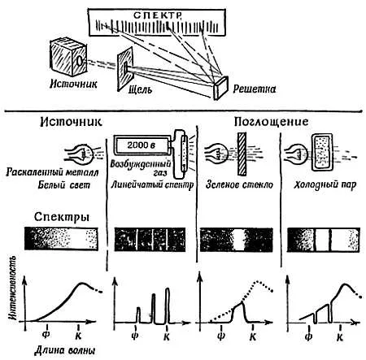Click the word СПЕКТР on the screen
[x=157, y=15]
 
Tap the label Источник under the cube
[x=73, y=84]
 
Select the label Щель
[x=140, y=89]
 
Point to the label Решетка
[x=255, y=89]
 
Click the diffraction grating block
[x=220, y=88]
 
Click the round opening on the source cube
[x=80, y=61]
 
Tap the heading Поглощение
[x=271, y=122]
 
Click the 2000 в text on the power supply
[x=141, y=145]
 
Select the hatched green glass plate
[x=242, y=154]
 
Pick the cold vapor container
[x=322, y=152]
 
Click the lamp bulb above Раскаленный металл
[x=85, y=154]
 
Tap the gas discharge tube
[x=179, y=154]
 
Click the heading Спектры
[x=62, y=217]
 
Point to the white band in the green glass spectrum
[x=238, y=240]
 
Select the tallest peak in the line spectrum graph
[x=168, y=306]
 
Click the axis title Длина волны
[x=65, y=350]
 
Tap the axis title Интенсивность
[x=13, y=288]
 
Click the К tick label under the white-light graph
[x=78, y=336]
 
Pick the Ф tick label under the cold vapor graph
[x=308, y=337]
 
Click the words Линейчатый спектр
[x=153, y=185]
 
